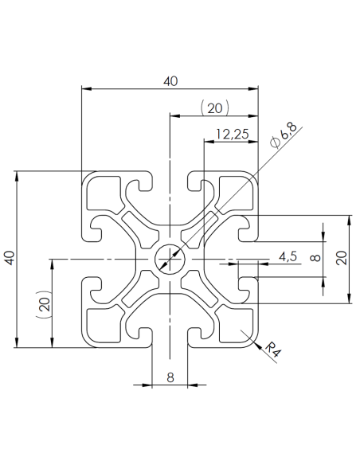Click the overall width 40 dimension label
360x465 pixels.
(170, 80)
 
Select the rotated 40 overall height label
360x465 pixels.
(10, 259)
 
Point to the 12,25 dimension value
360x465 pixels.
(231, 134)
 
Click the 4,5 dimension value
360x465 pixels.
(288, 256)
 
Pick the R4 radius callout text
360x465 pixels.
(272, 350)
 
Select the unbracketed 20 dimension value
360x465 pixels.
(342, 258)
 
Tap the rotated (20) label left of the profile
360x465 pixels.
(44, 303)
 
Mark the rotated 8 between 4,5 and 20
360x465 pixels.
(315, 258)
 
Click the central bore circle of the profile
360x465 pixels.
(170, 259)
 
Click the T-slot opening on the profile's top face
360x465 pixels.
(170, 180)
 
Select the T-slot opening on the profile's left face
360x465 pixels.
(90, 259)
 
